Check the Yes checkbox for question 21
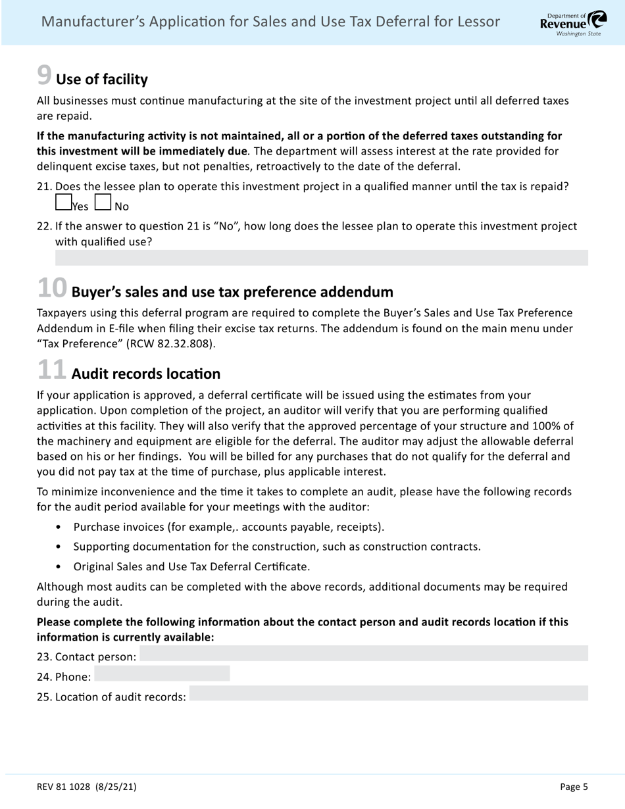(64, 202)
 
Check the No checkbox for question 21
(103, 202)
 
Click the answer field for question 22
(321, 258)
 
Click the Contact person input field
(364, 653)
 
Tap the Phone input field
(162, 674)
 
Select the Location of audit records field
(388, 693)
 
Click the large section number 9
(44, 76)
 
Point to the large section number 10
(52, 288)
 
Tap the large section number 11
(52, 370)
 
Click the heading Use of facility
(102, 80)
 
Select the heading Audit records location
(145, 374)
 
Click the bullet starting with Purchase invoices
(228, 527)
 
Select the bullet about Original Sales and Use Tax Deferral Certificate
(191, 566)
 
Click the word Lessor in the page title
(477, 22)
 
